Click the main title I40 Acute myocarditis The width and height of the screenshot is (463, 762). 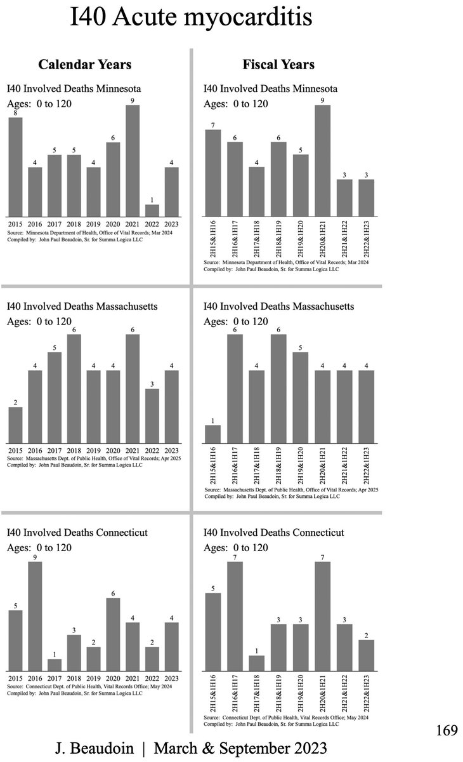(x=190, y=18)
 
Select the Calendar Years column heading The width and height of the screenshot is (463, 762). (x=84, y=64)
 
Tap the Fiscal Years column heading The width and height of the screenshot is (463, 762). (x=278, y=64)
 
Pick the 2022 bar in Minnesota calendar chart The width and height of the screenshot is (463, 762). (x=152, y=210)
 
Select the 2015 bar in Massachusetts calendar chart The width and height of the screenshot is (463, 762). (x=15, y=425)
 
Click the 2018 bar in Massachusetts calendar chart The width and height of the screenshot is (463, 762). (x=74, y=389)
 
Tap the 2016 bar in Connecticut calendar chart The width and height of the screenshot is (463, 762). (x=35, y=617)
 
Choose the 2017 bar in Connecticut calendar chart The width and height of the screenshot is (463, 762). (x=55, y=665)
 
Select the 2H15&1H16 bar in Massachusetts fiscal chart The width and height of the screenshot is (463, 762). (x=213, y=434)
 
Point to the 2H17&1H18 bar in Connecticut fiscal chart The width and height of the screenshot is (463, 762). (x=257, y=663)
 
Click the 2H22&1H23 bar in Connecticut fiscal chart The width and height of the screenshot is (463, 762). (x=367, y=655)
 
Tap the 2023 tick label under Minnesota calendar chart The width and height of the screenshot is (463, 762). (x=171, y=224)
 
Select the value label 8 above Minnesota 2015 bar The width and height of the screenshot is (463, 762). (x=15, y=112)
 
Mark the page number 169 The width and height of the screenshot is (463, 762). (x=446, y=731)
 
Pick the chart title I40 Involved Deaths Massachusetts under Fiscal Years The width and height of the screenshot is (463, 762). (x=278, y=306)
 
